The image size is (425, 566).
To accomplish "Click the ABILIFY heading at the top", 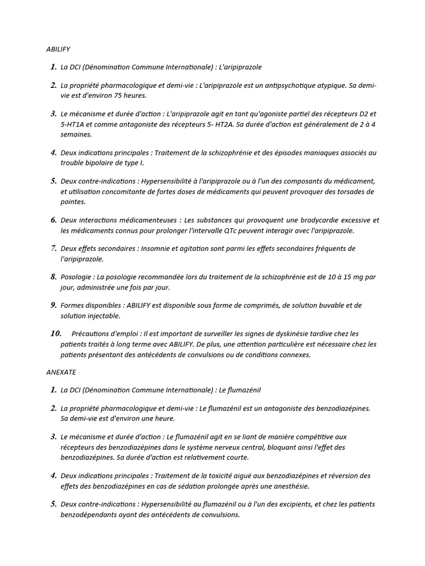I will pos(58,49).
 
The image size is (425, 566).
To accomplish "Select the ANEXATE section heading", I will pos(61,373).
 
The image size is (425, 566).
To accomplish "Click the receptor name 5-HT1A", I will pos(74,124).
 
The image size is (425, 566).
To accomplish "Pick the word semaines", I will pos(76,134).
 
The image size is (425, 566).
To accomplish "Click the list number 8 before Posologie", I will pos(53,277).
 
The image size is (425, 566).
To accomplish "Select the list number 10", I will pos(55,334).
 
